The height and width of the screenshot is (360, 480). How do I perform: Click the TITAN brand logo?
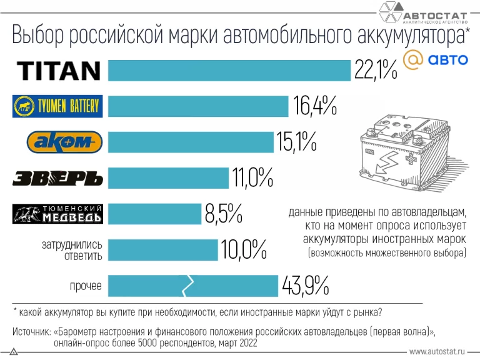59,70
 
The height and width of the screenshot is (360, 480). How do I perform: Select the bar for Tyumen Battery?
198,106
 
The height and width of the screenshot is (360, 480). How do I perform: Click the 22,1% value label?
376,71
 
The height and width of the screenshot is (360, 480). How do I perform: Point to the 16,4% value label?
315,107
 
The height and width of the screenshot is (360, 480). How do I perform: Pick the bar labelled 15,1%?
191,142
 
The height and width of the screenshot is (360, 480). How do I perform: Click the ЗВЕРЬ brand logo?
57,178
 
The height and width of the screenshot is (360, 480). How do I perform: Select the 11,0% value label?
252,179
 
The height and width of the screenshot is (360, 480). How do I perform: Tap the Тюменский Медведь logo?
58,214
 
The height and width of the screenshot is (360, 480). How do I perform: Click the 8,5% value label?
223,214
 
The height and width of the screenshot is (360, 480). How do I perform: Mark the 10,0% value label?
244,251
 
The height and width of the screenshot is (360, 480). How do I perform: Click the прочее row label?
86,286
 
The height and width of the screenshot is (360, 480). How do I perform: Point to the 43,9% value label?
305,286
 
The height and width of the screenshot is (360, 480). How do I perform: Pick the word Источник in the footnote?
32,331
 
